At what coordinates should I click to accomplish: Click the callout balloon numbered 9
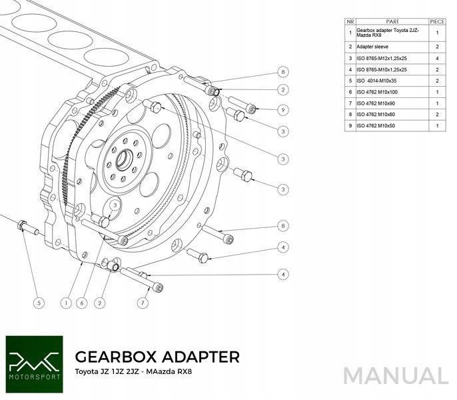pos(282,110)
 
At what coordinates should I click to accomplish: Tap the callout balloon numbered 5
pos(39,303)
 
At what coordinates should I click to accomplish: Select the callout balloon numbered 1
pos(67,303)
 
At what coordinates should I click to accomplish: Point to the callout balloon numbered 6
pos(82,303)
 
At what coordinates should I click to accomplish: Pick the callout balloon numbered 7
pos(143,303)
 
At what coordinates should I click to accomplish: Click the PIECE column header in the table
pos(437,21)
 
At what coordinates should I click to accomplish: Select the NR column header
pos(350,21)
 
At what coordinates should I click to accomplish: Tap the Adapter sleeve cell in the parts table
pos(372,47)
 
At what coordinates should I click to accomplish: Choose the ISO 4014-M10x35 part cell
pos(376,81)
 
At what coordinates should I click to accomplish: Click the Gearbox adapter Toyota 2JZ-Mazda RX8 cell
pos(388,33)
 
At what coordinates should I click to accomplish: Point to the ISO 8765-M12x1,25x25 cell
pos(382,59)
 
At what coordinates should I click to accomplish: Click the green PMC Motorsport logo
pos(34,364)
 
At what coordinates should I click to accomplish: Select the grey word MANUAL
pos(396,376)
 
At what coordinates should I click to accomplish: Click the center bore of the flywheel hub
pos(125,159)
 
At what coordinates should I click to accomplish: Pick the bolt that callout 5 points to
pos(28,227)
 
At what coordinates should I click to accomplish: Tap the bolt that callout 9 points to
pos(242,105)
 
